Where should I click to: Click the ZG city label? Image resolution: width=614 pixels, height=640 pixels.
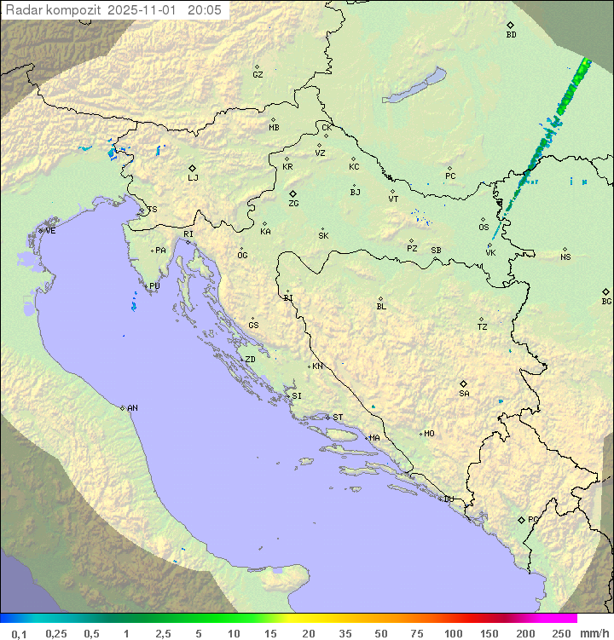[x=293, y=204]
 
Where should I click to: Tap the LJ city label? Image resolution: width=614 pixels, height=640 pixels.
[x=193, y=178]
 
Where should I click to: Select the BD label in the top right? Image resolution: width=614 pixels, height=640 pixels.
[x=511, y=35]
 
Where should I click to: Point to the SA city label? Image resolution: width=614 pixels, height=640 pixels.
[x=464, y=394]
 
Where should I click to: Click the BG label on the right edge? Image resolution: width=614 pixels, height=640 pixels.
[x=606, y=302]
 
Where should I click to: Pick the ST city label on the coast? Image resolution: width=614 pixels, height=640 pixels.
[x=338, y=418]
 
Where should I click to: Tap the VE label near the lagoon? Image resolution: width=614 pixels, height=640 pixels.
[x=50, y=231]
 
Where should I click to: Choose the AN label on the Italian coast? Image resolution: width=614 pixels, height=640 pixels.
[x=132, y=408]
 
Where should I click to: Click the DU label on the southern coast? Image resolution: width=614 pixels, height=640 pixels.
[x=448, y=499]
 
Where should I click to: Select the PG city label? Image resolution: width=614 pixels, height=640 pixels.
[x=533, y=519]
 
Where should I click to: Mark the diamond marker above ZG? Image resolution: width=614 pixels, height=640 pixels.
[x=293, y=193]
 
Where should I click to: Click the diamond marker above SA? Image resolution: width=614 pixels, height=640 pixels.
[x=463, y=383]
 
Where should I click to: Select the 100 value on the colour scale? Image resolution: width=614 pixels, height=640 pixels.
[x=453, y=633]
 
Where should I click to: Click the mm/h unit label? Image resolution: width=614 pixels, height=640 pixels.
[x=592, y=633]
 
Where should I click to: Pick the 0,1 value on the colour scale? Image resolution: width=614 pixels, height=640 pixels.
[x=19, y=633]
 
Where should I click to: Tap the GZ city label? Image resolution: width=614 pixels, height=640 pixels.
[x=258, y=75]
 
